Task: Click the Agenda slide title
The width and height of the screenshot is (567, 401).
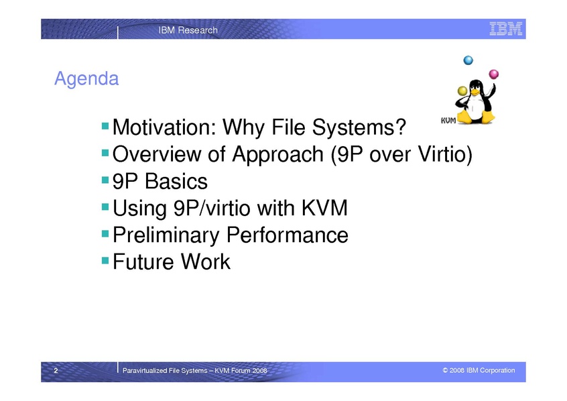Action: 86,79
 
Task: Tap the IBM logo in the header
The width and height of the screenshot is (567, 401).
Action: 506,29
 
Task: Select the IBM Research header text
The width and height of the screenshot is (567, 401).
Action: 188,30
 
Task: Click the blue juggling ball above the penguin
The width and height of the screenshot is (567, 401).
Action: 468,60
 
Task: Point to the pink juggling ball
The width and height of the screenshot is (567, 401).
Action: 493,74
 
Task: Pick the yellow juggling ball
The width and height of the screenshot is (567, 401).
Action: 462,91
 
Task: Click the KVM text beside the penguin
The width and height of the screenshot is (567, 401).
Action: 448,121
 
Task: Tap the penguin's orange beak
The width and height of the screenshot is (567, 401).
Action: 474,92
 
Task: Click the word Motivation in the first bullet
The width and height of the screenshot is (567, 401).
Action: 164,127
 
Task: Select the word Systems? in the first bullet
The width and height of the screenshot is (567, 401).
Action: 359,128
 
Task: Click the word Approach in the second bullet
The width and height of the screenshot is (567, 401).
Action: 277,155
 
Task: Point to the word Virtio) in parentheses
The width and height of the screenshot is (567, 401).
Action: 445,154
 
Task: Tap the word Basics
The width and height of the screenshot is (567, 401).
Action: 176,181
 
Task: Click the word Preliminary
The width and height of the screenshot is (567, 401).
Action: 166,235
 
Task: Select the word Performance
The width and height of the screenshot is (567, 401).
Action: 288,235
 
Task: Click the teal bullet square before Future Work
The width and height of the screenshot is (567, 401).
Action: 105,260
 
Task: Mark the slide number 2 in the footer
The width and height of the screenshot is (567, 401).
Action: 56,370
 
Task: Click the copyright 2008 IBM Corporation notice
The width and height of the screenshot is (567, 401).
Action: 479,370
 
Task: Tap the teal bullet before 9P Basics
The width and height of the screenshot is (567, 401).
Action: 105,180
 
